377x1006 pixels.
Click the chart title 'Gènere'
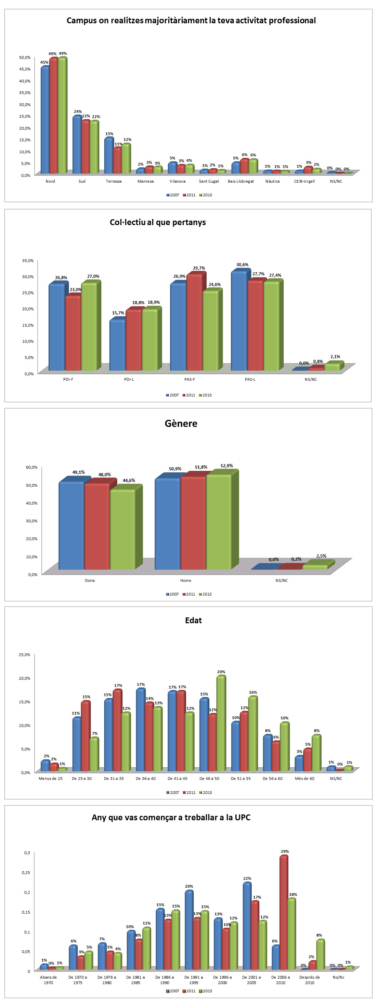[181, 423]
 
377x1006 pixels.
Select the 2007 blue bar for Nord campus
[44, 121]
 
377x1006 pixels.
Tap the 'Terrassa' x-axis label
[113, 181]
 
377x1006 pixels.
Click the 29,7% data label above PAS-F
[199, 268]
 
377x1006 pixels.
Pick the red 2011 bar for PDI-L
[133, 340]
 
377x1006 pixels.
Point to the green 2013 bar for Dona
[122, 529]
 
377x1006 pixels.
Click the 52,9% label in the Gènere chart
[226, 466]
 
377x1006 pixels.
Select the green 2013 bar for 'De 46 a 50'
[221, 724]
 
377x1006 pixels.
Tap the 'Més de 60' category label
[304, 778]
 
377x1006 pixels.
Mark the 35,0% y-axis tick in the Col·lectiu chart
[28, 261]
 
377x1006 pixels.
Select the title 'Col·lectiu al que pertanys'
[157, 222]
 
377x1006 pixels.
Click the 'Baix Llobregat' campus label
[240, 181]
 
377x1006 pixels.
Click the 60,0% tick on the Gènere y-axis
[31, 467]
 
